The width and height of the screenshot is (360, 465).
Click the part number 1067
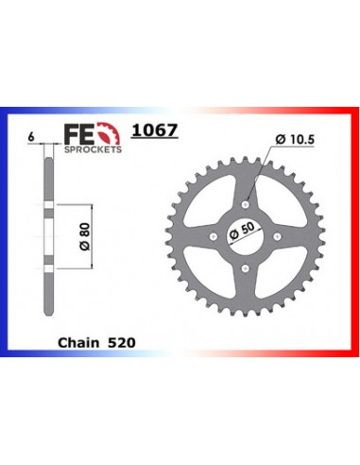[x=155, y=129]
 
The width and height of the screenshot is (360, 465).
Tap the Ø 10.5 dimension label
[x=295, y=139]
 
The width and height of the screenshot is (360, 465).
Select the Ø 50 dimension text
[x=242, y=232]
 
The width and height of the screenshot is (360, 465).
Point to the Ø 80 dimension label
[x=85, y=236]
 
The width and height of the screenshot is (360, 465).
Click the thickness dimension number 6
[x=31, y=137]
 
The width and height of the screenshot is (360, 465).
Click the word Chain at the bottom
[x=78, y=343]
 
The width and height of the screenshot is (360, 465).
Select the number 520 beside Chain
[x=122, y=343]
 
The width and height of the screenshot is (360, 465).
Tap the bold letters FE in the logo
[x=79, y=134]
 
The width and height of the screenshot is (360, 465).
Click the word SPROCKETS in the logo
[x=93, y=149]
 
